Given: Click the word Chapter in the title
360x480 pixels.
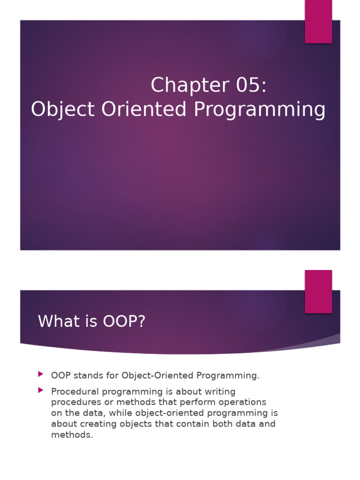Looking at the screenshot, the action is tap(190, 85).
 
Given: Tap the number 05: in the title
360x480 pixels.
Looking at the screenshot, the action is tap(251, 85).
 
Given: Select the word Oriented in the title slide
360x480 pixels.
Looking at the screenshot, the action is tap(144, 109).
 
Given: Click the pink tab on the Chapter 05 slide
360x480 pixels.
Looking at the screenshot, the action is tap(318, 22).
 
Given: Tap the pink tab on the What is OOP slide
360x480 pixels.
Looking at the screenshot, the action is tap(318, 292).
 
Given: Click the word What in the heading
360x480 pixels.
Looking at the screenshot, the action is tap(56, 321).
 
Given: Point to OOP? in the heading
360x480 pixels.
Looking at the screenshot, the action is tap(124, 321).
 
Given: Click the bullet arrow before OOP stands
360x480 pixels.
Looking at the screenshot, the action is tap(41, 374).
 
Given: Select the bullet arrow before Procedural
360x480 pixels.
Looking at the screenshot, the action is tap(41, 390).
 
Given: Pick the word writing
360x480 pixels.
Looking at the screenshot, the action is tap(220, 392).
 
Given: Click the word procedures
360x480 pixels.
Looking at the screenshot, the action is tap(76, 403).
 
